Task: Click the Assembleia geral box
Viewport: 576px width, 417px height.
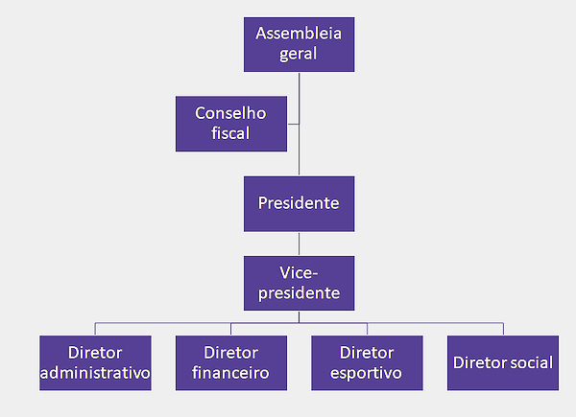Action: pyautogui.click(x=299, y=44)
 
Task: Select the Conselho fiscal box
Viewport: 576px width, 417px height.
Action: pyautogui.click(x=230, y=123)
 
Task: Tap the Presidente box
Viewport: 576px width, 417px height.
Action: pyautogui.click(x=299, y=203)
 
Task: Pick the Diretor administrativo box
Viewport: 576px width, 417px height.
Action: pyautogui.click(x=95, y=361)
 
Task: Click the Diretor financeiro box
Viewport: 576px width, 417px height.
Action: pyautogui.click(x=230, y=361)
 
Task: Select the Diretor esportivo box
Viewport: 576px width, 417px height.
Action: pyautogui.click(x=367, y=361)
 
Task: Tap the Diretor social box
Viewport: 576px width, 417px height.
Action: pyautogui.click(x=502, y=361)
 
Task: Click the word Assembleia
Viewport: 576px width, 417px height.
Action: pyautogui.click(x=299, y=35)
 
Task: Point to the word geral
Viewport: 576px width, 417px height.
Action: pyautogui.click(x=299, y=55)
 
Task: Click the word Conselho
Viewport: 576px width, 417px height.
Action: pyautogui.click(x=230, y=113)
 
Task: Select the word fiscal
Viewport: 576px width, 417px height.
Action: pyautogui.click(x=230, y=133)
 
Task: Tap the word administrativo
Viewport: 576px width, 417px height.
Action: pyautogui.click(x=95, y=372)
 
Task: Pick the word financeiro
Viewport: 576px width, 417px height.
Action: pyautogui.click(x=230, y=372)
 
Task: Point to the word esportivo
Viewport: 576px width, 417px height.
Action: pyautogui.click(x=367, y=372)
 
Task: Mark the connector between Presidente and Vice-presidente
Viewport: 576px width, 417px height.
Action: pyautogui.click(x=300, y=243)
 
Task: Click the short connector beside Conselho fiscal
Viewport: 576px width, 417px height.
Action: pyautogui.click(x=293, y=123)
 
